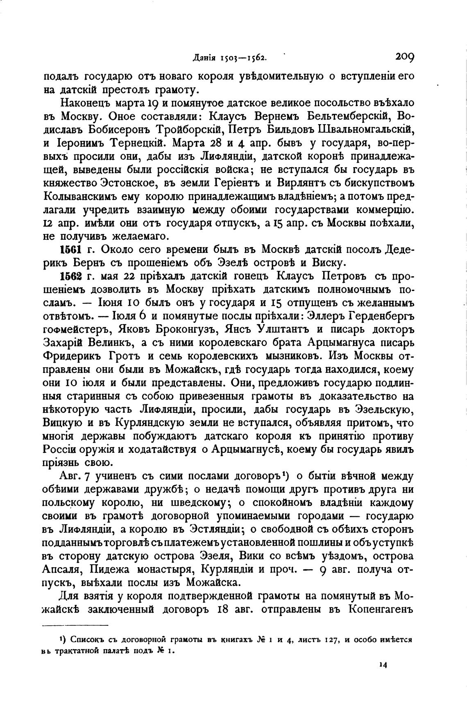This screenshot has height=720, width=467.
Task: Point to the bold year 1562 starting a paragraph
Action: (x=72, y=276)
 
